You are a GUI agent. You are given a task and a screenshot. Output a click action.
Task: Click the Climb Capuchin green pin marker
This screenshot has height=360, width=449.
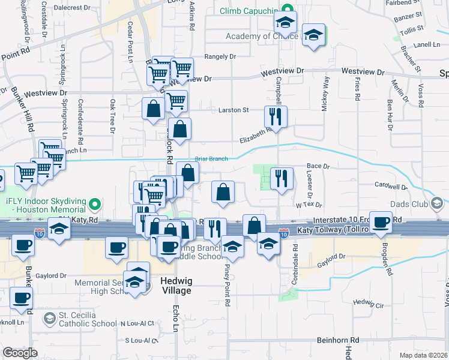tap(288, 10)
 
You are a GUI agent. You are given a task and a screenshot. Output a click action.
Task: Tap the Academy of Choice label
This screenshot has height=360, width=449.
tap(261, 36)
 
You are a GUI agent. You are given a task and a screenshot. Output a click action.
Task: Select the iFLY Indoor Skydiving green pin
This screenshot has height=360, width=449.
tap(94, 206)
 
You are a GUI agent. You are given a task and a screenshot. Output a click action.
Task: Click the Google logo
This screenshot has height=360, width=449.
tap(19, 353)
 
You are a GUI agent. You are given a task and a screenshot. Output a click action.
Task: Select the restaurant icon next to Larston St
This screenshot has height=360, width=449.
tap(276, 116)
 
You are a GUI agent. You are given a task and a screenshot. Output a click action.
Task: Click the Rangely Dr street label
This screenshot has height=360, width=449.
tap(220, 56)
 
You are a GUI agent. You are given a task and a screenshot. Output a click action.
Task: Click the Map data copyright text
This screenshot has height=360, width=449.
tap(423, 355)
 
